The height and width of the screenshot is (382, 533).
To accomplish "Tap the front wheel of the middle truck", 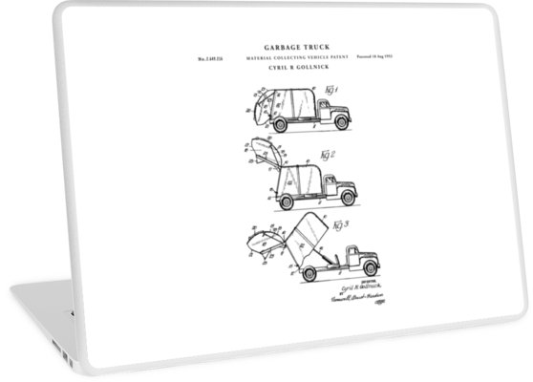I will (x=348, y=199).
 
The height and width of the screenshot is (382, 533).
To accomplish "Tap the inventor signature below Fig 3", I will (x=348, y=287).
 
